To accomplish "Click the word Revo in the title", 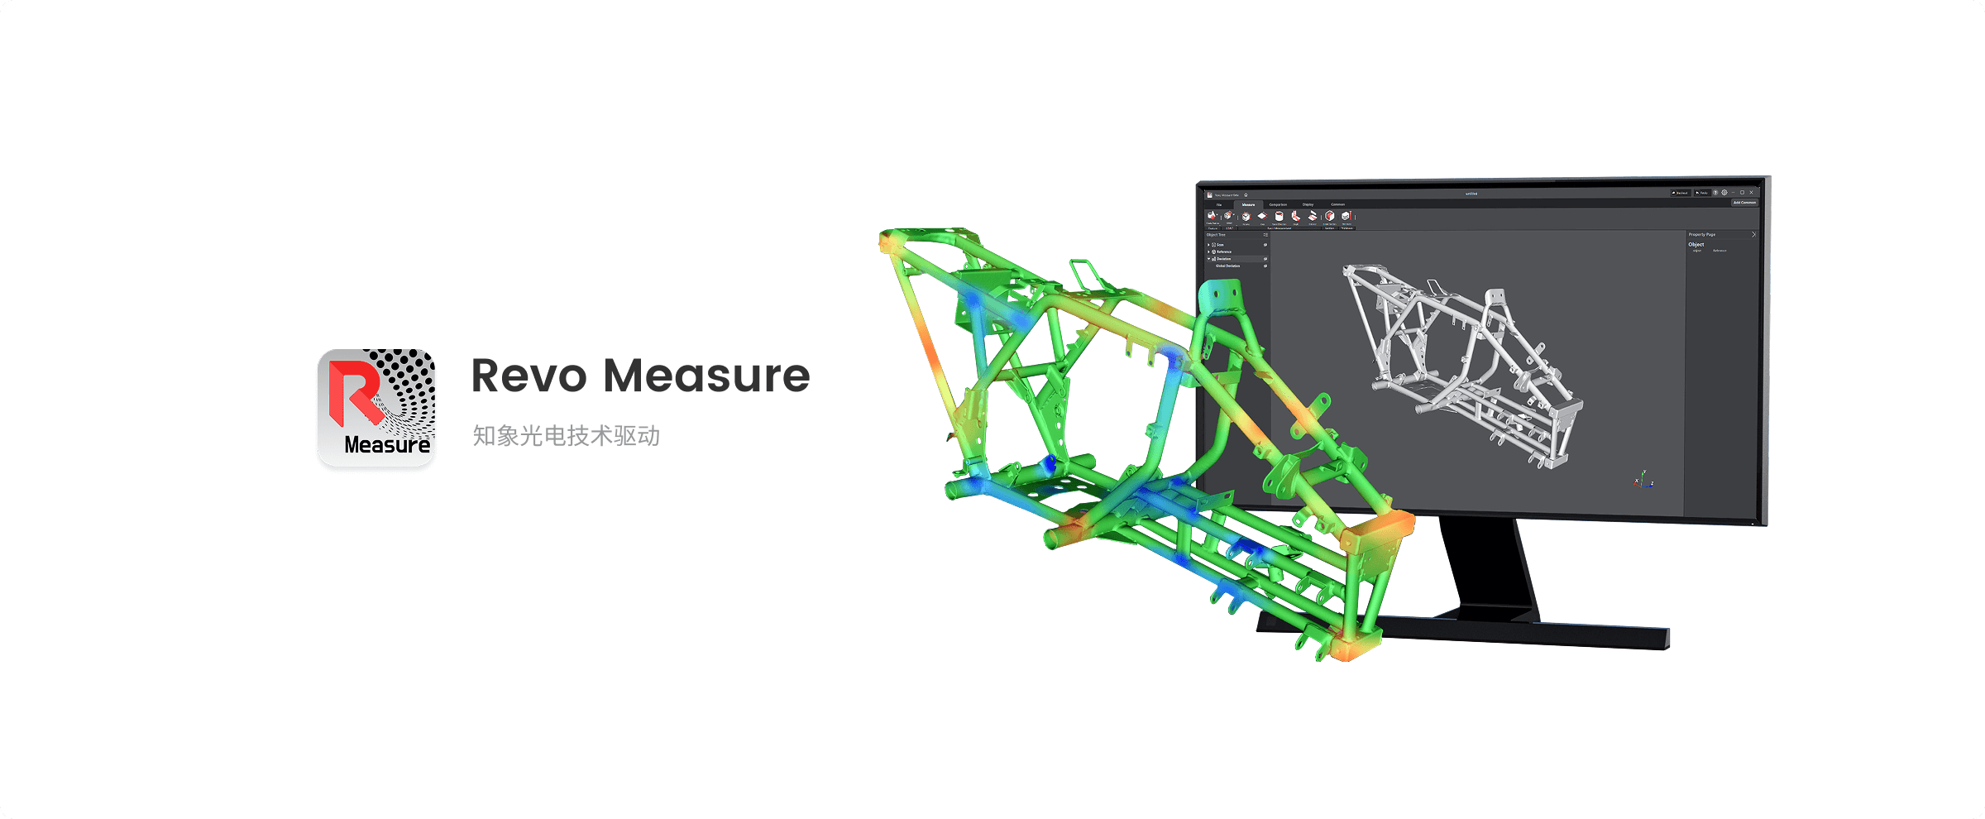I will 529,376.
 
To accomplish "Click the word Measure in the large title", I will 706,376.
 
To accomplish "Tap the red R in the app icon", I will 353,393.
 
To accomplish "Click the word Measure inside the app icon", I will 386,445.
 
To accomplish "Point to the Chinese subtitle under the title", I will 566,436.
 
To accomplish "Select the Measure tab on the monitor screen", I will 1248,204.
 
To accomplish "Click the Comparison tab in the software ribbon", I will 1278,204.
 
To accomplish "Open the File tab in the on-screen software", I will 1218,204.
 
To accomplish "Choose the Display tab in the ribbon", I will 1308,204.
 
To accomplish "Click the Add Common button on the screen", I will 1744,202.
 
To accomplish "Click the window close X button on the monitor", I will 1751,193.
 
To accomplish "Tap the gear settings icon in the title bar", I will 1724,193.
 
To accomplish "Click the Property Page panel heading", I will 1702,235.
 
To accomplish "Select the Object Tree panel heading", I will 1216,235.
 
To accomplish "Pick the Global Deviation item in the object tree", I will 1227,266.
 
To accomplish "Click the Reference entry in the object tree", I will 1224,251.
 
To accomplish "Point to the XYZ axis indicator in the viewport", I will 1643,480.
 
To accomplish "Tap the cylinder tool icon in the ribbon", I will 1279,216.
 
